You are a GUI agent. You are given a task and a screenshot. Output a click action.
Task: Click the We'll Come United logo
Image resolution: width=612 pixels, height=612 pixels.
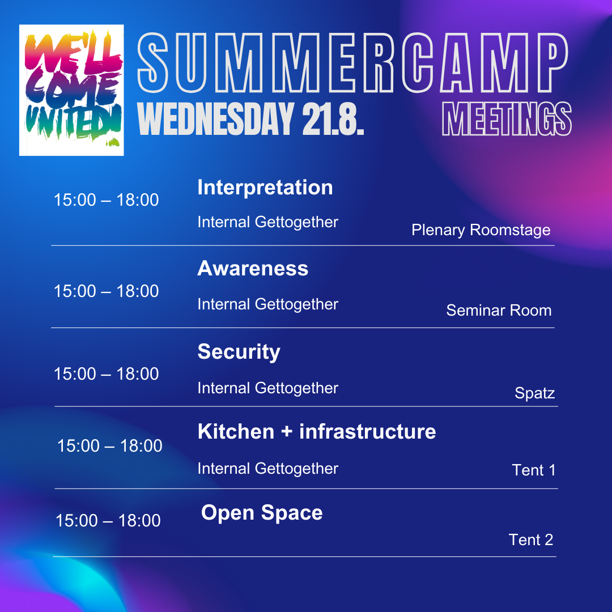[x=71, y=90]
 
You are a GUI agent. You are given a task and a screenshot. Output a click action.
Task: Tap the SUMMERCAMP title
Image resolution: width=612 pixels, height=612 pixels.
[x=352, y=63]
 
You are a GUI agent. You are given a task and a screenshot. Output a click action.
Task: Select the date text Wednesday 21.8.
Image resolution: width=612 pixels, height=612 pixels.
[x=250, y=118]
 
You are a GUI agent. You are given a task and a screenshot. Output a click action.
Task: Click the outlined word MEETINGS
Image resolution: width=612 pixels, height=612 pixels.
[x=507, y=118]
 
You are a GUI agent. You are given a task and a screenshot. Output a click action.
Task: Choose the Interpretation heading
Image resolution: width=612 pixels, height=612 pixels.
[x=265, y=188]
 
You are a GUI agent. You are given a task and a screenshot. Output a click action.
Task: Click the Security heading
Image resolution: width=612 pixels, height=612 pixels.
[x=239, y=352]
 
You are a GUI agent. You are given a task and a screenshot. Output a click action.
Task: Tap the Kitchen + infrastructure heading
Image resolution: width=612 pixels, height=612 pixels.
[x=317, y=431]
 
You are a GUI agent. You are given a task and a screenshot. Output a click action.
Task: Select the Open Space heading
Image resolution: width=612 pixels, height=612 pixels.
[x=262, y=513]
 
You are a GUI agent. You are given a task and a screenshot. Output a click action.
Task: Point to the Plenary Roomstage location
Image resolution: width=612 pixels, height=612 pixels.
[x=481, y=230]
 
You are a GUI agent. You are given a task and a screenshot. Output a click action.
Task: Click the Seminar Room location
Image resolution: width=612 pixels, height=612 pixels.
[x=499, y=311]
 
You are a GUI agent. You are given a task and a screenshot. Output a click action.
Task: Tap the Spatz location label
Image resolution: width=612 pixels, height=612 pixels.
[x=535, y=393]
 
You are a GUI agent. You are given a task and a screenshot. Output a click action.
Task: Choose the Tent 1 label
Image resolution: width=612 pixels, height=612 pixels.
[x=534, y=470]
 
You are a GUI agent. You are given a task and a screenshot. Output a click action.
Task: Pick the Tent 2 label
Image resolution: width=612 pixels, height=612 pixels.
[x=531, y=540]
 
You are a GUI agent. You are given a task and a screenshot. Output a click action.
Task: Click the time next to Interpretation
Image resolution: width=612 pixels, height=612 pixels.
[x=106, y=200]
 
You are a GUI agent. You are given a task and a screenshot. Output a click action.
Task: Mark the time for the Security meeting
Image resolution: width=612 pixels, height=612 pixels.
[x=106, y=374]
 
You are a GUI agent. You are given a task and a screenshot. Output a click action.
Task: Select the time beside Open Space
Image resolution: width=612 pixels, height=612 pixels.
[x=108, y=521]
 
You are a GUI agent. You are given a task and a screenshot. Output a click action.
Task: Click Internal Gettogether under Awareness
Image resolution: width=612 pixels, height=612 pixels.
[x=267, y=304]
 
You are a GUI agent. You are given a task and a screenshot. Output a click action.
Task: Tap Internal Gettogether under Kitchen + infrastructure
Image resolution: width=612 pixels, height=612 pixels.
[x=267, y=469]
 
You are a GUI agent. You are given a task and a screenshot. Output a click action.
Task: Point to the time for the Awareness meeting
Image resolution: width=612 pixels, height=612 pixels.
[x=106, y=291]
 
